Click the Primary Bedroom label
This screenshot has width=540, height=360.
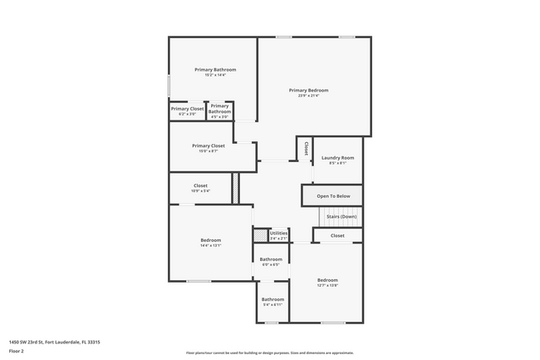(308, 90)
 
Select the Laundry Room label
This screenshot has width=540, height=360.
(337, 158)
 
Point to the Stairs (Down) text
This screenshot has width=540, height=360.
(341, 216)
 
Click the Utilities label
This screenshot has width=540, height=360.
(278, 233)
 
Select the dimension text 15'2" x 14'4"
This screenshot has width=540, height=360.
(215, 76)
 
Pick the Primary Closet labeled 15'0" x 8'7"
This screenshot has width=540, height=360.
(208, 145)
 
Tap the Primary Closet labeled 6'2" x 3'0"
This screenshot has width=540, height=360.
(187, 109)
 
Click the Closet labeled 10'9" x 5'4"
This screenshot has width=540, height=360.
(200, 185)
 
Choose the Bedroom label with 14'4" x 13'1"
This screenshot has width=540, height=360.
(210, 240)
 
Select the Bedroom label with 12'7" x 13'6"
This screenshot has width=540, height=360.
(327, 280)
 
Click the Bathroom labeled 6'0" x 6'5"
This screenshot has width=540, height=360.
(271, 259)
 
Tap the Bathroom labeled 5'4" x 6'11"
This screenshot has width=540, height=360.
(272, 299)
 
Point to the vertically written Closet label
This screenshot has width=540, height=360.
(306, 148)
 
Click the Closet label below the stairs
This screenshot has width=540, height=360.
(337, 235)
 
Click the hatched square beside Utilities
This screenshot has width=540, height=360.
(260, 235)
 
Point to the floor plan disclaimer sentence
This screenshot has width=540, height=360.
(269, 353)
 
